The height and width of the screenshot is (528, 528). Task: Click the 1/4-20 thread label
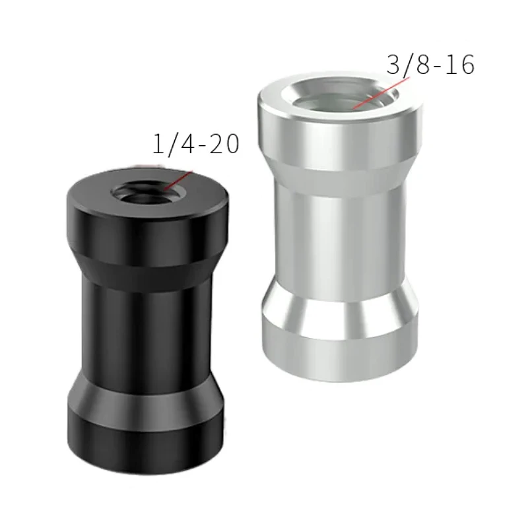(x=195, y=145)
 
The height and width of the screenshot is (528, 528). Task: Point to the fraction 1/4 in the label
(x=169, y=145)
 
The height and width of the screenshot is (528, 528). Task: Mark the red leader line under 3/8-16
(x=379, y=92)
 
